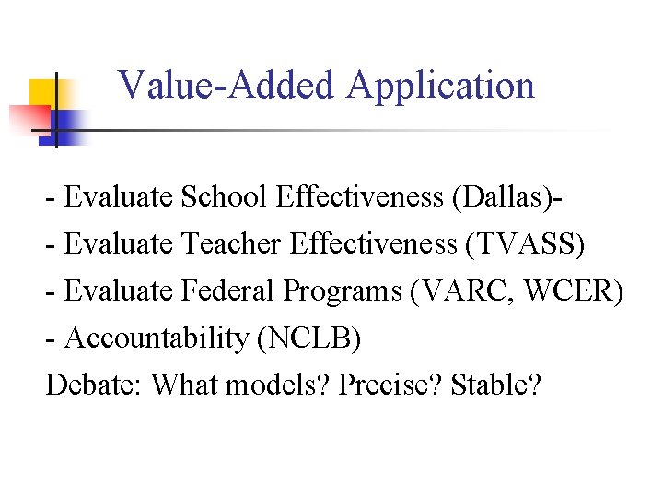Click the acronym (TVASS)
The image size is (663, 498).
(526, 243)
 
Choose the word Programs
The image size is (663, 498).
(343, 291)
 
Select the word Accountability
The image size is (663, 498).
(157, 338)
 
